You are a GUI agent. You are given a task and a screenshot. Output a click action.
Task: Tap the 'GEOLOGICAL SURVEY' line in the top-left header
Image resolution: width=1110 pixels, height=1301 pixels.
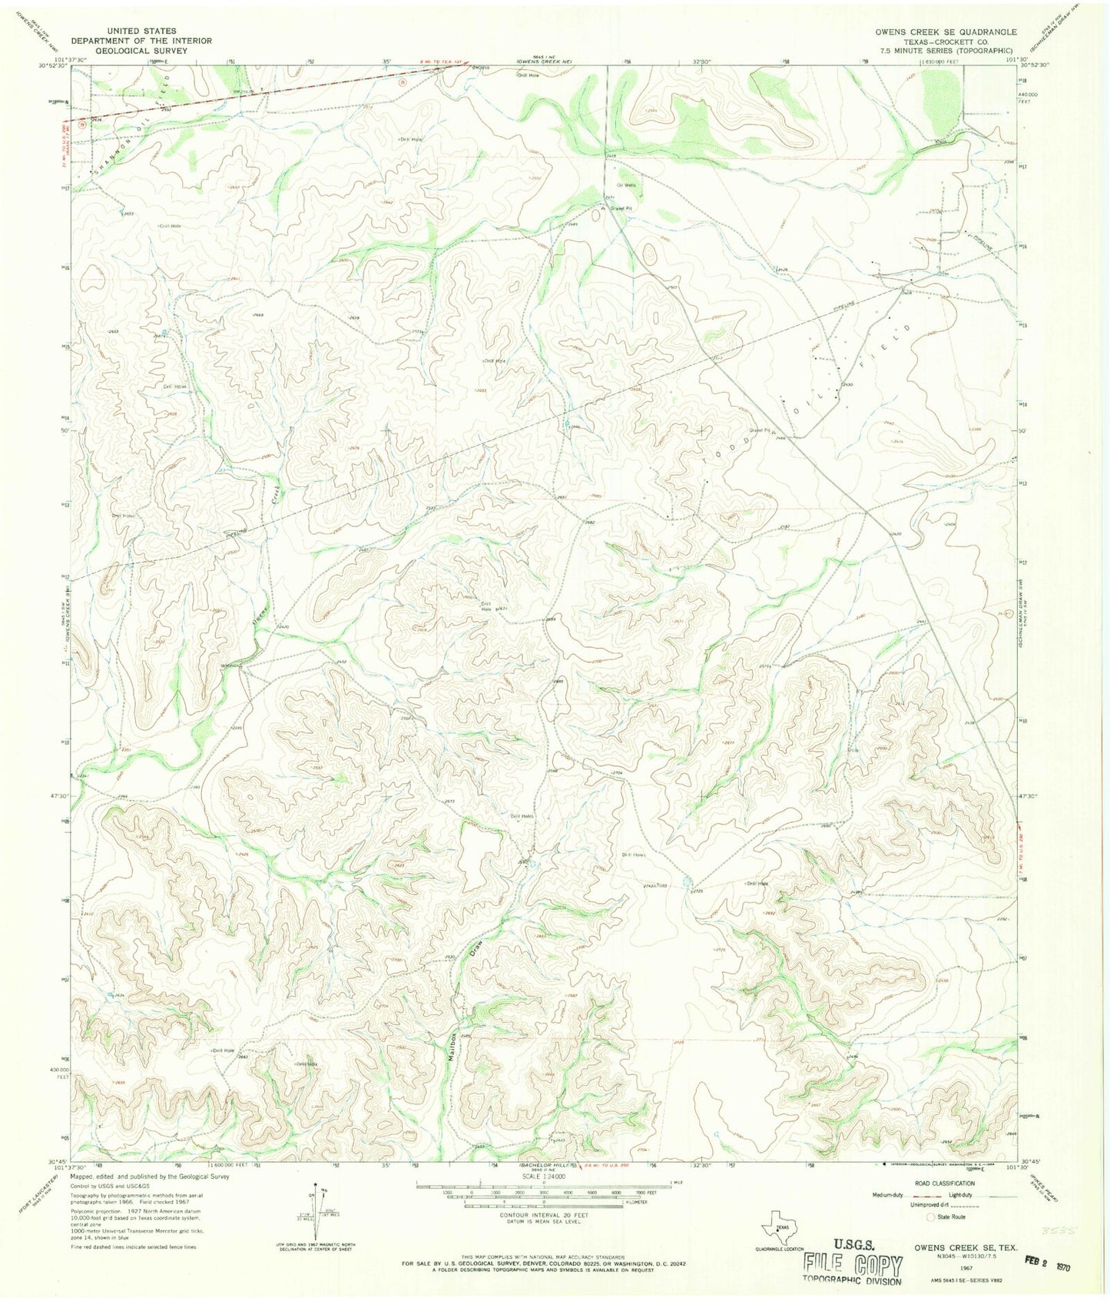pyautogui.click(x=142, y=51)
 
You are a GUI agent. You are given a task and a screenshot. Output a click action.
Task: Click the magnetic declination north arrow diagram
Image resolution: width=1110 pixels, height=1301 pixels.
pyautogui.click(x=318, y=1237)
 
